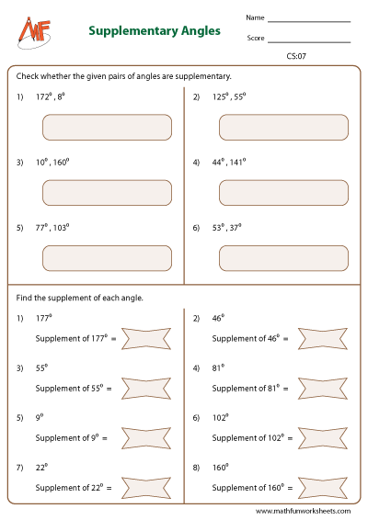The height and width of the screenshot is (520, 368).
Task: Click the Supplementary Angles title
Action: click(x=155, y=30)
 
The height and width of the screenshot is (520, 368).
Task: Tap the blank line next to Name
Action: click(x=308, y=19)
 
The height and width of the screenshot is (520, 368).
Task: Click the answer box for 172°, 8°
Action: click(x=107, y=127)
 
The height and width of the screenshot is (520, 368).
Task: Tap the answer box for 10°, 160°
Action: click(x=107, y=193)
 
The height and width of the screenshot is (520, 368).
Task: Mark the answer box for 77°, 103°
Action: click(x=107, y=258)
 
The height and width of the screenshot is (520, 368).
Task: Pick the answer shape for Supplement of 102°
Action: click(x=326, y=438)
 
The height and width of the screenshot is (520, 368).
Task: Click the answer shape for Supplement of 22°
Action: click(x=147, y=488)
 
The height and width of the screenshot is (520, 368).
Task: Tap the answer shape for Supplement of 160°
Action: click(x=326, y=488)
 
